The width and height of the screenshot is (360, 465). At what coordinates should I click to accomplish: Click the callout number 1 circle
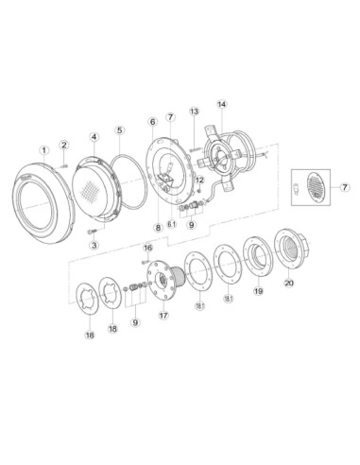click(44, 150)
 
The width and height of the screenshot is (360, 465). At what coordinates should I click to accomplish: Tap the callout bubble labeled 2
click(64, 145)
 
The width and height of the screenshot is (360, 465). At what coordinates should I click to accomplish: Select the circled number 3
click(94, 245)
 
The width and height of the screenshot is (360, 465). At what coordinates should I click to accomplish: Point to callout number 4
click(94, 137)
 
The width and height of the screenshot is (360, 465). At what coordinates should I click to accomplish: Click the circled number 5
click(119, 130)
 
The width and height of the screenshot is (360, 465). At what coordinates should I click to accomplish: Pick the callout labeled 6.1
click(172, 224)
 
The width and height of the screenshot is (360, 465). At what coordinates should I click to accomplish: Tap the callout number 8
click(158, 228)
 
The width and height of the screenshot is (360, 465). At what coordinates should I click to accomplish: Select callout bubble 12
click(199, 180)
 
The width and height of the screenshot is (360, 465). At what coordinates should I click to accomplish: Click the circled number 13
click(195, 112)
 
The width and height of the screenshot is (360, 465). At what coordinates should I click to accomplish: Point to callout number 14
click(222, 104)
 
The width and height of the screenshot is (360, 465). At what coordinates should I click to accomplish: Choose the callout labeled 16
click(147, 248)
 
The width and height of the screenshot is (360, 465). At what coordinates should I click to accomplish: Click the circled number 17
click(163, 315)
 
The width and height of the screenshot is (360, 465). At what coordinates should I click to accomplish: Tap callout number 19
click(258, 291)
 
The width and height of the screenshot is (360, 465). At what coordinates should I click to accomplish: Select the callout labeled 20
click(289, 283)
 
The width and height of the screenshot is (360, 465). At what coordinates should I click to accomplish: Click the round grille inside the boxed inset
click(316, 187)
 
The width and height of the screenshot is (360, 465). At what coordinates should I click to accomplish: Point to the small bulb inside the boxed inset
click(297, 189)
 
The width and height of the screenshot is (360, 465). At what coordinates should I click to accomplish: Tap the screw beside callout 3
click(92, 232)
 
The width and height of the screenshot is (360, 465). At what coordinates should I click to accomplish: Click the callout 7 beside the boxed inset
click(345, 187)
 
